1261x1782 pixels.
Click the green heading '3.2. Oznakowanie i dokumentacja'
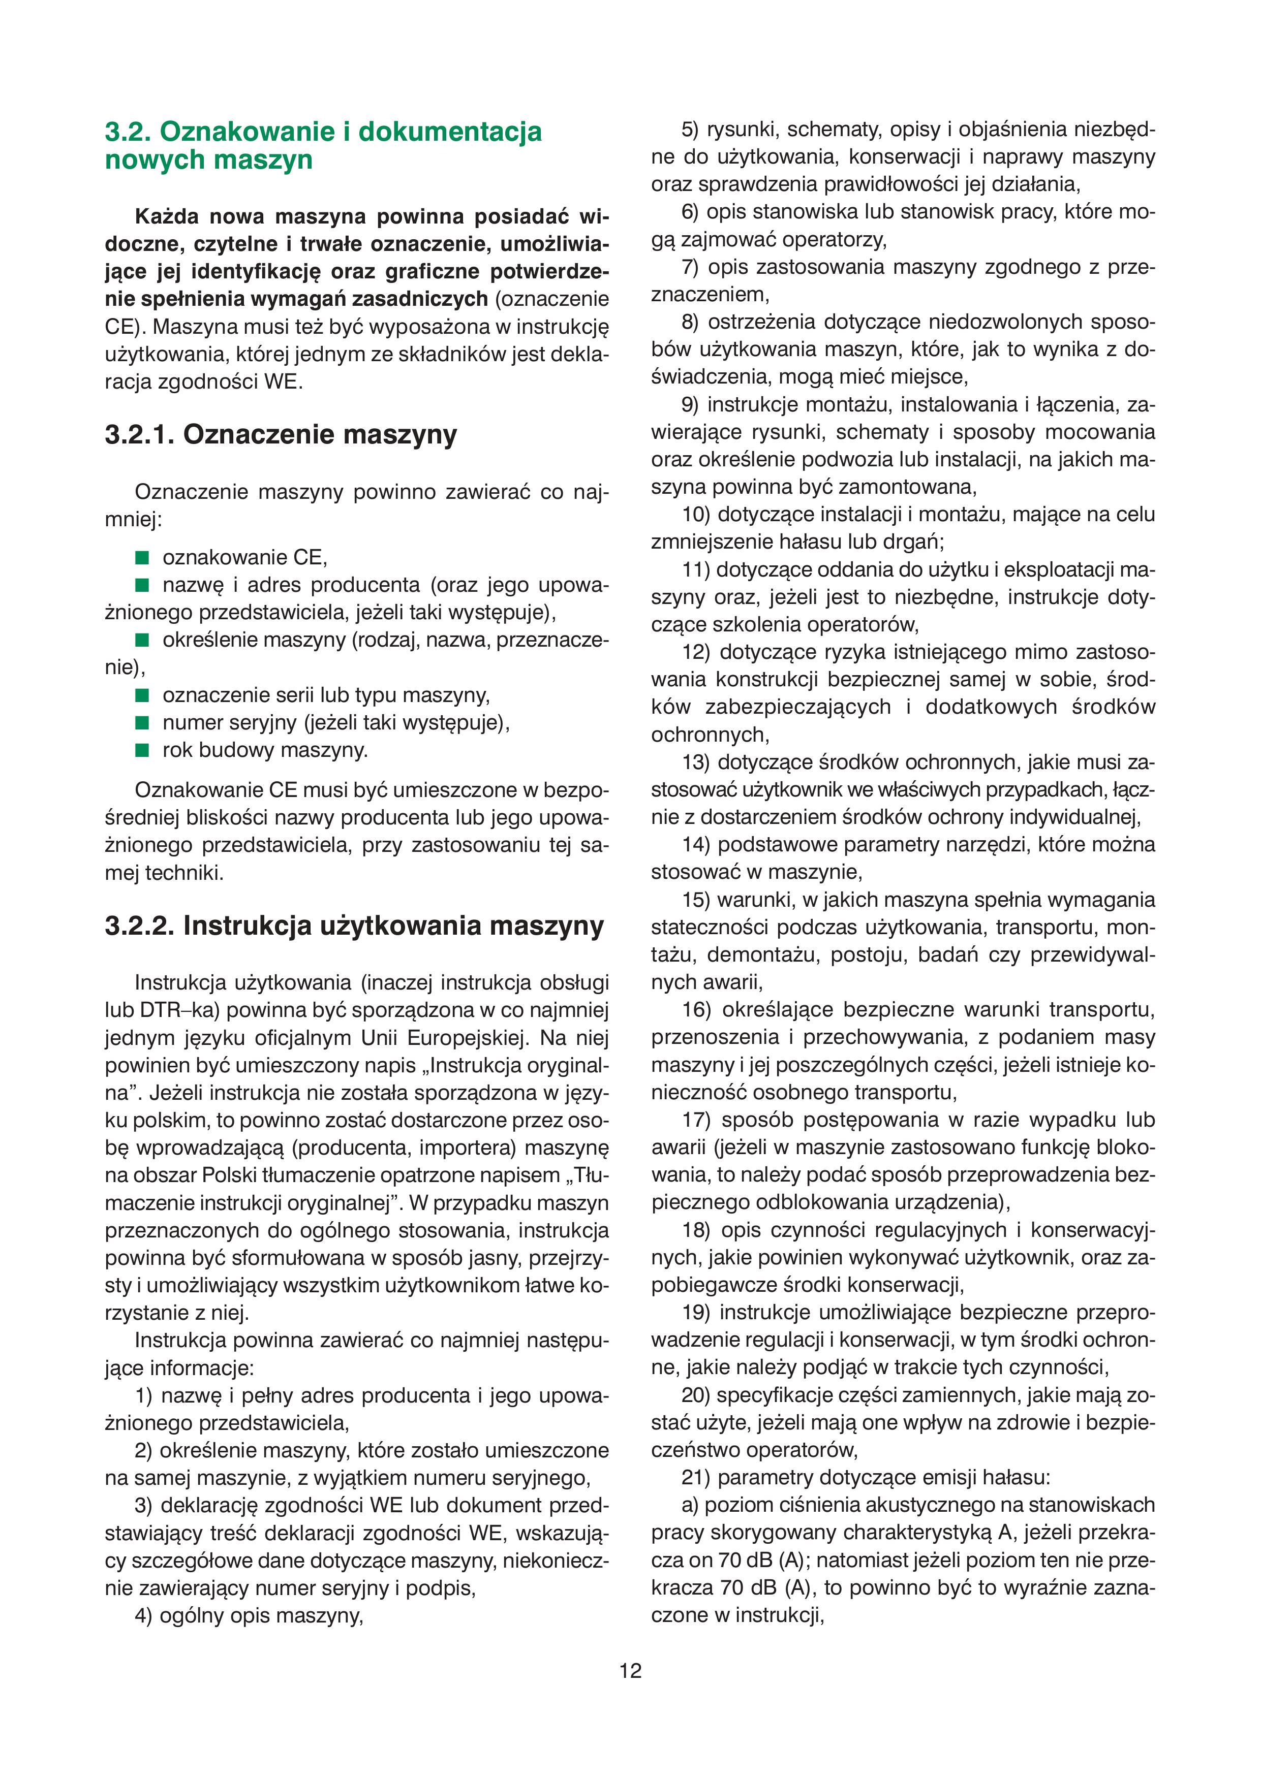click(x=323, y=131)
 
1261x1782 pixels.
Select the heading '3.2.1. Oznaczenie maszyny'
click(x=281, y=434)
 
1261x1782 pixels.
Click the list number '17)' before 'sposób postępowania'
click(x=696, y=1120)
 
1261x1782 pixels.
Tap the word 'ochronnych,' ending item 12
click(x=710, y=734)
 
